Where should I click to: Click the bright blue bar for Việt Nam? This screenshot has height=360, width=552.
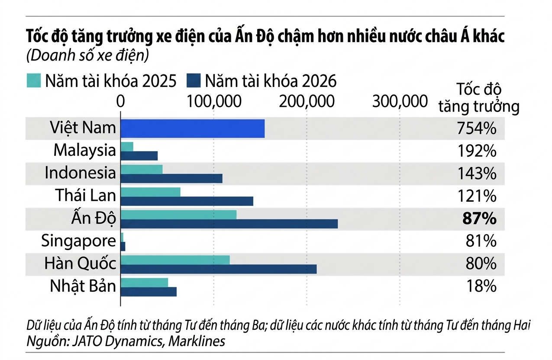[192, 129]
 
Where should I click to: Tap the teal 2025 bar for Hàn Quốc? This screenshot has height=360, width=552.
[175, 260]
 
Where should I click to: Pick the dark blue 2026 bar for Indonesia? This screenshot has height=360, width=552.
[171, 178]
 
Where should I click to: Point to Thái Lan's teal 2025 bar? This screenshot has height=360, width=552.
[150, 191]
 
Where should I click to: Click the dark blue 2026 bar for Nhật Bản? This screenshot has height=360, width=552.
[148, 292]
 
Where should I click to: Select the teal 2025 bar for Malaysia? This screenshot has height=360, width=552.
[127, 147]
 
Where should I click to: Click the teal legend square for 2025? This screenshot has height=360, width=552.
[33, 81]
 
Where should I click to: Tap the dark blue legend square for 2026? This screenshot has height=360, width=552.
[194, 81]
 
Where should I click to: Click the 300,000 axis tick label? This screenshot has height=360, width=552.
[400, 101]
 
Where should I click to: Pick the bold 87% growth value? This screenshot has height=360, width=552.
[479, 219]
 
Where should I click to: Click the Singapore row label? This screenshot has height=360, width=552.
[79, 241]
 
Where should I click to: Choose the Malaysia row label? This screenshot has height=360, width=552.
[84, 151]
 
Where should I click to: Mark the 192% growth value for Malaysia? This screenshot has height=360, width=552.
[477, 151]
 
